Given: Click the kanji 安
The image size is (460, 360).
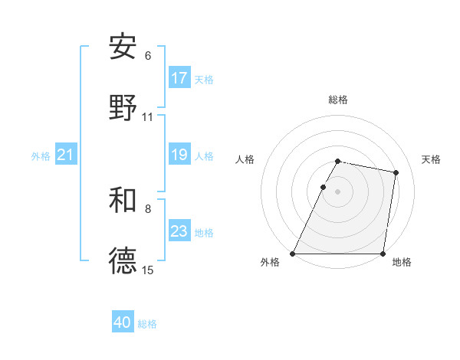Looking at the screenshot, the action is click(x=123, y=47).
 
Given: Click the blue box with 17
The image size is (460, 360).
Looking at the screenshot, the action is click(x=179, y=78).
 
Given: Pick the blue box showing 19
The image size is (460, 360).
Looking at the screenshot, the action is click(x=179, y=155).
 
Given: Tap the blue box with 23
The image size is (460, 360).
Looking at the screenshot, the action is click(x=179, y=231).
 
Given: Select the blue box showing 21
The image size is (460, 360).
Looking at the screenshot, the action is click(x=66, y=155).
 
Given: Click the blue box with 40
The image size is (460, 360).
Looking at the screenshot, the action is click(x=123, y=322).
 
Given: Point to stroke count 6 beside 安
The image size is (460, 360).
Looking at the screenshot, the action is click(x=148, y=56).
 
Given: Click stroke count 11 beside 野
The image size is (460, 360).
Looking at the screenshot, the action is click(x=148, y=117).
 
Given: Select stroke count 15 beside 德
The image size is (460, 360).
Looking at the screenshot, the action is click(x=148, y=270).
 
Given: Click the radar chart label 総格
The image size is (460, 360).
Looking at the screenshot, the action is click(x=338, y=100).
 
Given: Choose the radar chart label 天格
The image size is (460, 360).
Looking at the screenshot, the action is click(x=431, y=159).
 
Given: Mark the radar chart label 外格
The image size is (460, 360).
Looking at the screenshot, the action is click(x=270, y=263).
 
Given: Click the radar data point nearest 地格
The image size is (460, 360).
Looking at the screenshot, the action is click(x=383, y=254).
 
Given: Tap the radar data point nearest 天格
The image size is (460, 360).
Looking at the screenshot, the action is click(x=396, y=172).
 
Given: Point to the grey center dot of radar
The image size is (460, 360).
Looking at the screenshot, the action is click(x=338, y=191).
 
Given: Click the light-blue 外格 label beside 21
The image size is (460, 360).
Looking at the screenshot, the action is click(x=41, y=156).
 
